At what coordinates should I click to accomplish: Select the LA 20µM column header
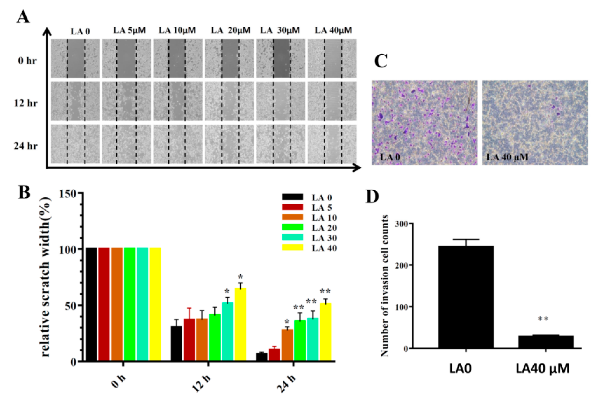(x=231, y=30)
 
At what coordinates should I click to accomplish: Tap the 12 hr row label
(x=26, y=103)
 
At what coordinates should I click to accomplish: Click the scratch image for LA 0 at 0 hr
(x=75, y=58)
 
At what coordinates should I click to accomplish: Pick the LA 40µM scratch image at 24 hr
(x=332, y=144)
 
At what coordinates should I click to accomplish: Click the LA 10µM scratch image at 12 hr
(x=178, y=101)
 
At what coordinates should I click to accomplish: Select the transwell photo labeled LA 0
(x=424, y=122)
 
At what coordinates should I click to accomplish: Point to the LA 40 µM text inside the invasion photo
(x=507, y=157)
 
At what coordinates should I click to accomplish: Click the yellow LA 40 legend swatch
(x=292, y=248)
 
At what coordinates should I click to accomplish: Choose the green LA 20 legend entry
(x=324, y=228)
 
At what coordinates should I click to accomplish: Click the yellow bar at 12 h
(x=240, y=324)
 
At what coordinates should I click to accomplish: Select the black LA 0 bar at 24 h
(x=262, y=357)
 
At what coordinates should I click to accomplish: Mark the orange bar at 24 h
(x=287, y=345)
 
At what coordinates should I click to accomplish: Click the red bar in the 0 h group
(x=104, y=304)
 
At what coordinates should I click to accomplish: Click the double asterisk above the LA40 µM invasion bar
(x=543, y=319)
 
